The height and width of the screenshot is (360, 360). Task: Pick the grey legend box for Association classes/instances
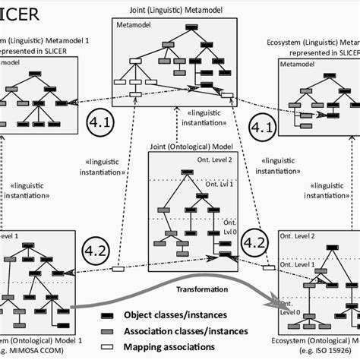coord(109,329)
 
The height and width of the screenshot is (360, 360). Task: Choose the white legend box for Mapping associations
coord(109,344)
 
